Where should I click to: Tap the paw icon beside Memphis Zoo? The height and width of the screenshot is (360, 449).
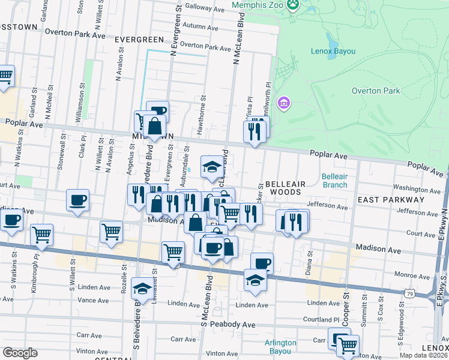pyautogui.click(x=292, y=5)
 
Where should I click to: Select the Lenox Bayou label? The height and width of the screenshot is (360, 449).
pyautogui.click(x=333, y=51)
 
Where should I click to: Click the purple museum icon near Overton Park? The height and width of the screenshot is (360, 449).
pyautogui.click(x=283, y=104)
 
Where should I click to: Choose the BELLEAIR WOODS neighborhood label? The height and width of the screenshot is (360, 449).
pyautogui.click(x=286, y=187)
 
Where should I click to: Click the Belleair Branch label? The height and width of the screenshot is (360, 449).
pyautogui.click(x=334, y=181)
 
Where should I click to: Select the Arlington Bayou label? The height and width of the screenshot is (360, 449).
pyautogui.click(x=280, y=346)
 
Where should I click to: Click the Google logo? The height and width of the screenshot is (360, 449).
pyautogui.click(x=20, y=352)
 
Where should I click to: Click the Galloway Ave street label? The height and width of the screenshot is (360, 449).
pyautogui.click(x=205, y=8)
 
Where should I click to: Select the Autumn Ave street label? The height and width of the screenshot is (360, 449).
pyautogui.click(x=201, y=26)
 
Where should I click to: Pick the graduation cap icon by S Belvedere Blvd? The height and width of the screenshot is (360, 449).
pyautogui.click(x=142, y=290)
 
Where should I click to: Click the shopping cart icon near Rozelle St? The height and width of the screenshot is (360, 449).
pyautogui.click(x=112, y=232)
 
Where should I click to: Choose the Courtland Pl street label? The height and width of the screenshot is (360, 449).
pyautogui.click(x=324, y=320)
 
